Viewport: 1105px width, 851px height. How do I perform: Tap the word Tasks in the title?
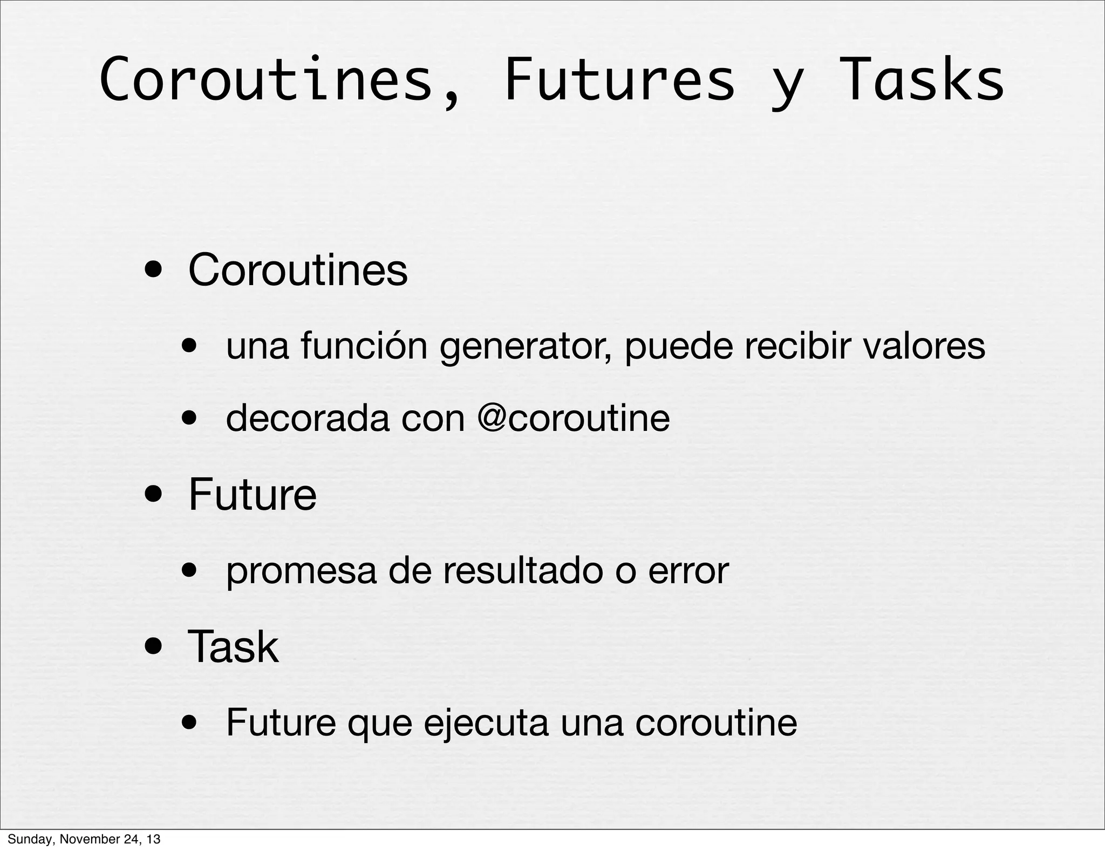(921, 80)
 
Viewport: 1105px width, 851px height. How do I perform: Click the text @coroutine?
(574, 418)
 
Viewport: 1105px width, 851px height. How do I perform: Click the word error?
(688, 571)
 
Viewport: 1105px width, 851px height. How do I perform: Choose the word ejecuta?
(486, 724)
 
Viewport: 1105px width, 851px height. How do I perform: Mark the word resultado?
(522, 571)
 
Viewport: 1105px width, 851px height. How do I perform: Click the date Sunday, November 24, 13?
(84, 839)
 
